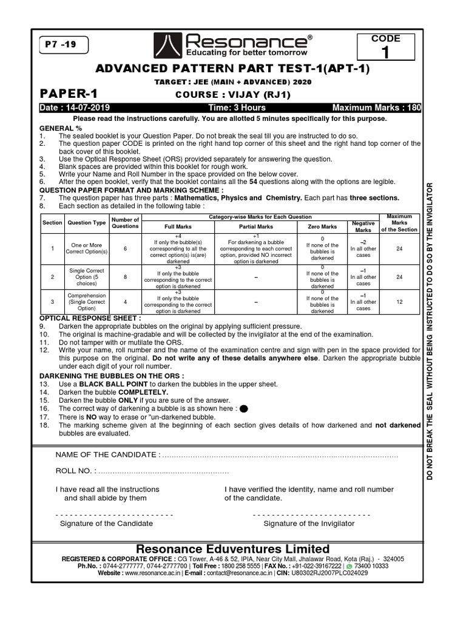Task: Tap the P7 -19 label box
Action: (62, 44)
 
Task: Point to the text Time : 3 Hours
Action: (234, 108)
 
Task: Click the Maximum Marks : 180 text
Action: (376, 108)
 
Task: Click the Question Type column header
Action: (86, 223)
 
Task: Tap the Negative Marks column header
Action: (363, 227)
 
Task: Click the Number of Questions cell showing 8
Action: (126, 277)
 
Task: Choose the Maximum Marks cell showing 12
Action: (399, 302)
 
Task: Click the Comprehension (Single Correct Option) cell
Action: (87, 302)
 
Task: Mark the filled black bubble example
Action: (244, 409)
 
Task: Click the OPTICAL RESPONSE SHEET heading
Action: (90, 318)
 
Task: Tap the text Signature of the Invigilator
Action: (309, 523)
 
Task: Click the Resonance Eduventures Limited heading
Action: (233, 549)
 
